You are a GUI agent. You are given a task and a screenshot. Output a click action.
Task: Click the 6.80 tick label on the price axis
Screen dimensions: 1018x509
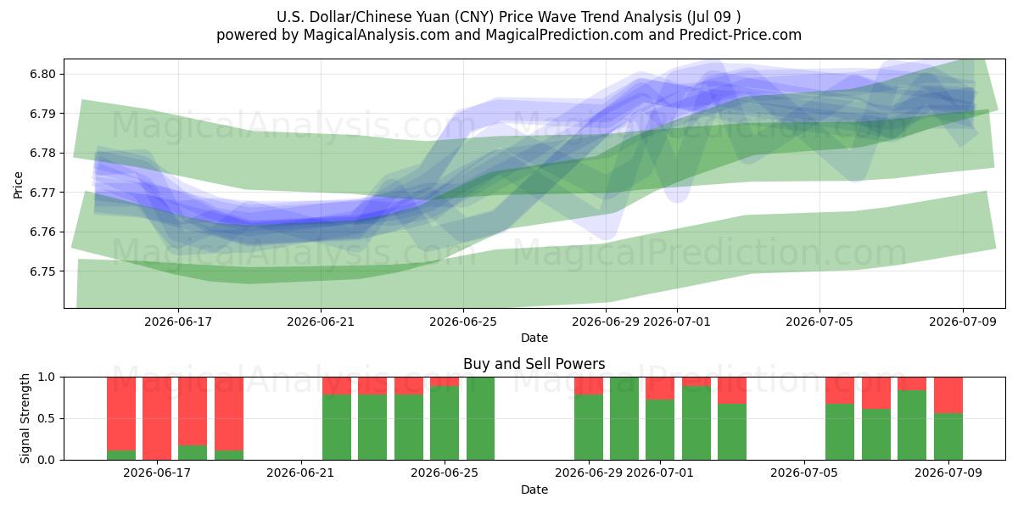[x=42, y=74]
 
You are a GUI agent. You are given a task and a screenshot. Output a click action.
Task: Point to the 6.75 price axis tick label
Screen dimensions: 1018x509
[x=42, y=271]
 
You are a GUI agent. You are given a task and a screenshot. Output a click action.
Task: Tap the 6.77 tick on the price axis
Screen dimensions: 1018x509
[x=42, y=193]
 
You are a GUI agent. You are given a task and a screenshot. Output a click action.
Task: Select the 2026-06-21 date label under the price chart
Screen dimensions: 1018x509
[x=321, y=322]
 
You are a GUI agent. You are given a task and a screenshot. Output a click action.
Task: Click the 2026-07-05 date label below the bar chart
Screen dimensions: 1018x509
[x=804, y=473]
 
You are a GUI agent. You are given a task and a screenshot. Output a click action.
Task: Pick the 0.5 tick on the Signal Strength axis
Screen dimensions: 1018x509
[x=47, y=418]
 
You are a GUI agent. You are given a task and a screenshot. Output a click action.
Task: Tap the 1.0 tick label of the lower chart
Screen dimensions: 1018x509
[x=47, y=378]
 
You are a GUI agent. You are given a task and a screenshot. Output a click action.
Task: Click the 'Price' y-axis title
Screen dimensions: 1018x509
[x=18, y=185]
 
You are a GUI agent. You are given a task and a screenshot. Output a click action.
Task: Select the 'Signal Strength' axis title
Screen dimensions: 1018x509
[x=25, y=418]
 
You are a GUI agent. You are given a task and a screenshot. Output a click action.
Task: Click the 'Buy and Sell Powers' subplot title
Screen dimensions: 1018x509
[x=534, y=364]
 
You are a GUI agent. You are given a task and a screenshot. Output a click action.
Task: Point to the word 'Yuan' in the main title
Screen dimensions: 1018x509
[x=431, y=17]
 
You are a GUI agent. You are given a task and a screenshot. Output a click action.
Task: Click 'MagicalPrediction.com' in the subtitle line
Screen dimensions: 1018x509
[x=564, y=35]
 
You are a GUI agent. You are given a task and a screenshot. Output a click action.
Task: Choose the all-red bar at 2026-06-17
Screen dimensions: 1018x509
[x=157, y=418]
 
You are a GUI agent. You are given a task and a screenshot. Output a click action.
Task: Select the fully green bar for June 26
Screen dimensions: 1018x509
[x=480, y=418]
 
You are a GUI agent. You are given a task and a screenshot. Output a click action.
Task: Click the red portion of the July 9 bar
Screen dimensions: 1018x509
[x=948, y=395]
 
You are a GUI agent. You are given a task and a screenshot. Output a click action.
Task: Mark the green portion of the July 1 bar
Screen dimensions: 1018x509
[x=660, y=430]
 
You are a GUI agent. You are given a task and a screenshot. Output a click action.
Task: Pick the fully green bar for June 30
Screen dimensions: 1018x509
[x=624, y=418]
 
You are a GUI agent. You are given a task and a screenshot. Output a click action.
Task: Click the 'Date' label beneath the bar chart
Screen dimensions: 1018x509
[x=534, y=489]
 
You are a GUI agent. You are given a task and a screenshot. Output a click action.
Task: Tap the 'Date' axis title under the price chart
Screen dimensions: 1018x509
[x=534, y=338]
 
